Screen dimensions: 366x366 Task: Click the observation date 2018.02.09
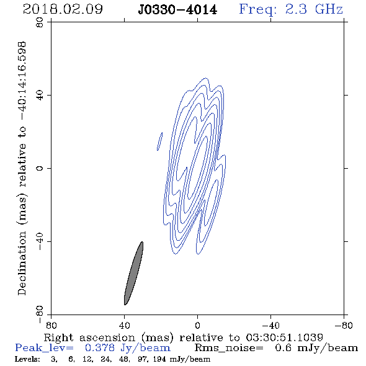(x=63, y=9)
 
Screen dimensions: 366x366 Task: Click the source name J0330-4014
(x=177, y=10)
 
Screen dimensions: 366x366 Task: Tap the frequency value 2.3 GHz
(x=314, y=9)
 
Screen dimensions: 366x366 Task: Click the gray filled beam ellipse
(x=133, y=273)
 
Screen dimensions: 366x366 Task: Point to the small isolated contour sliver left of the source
(x=160, y=141)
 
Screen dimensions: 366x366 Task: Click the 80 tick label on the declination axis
(x=40, y=22)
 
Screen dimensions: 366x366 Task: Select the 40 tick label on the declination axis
(x=40, y=96)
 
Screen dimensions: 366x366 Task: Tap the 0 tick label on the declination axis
(x=40, y=168)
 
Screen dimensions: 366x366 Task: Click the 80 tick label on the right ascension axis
(x=51, y=325)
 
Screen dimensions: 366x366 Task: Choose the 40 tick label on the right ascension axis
(x=124, y=325)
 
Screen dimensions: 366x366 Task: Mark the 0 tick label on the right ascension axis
(x=197, y=325)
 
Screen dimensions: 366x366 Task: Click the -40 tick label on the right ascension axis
(x=270, y=325)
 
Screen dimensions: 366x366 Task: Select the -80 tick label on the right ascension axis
(x=344, y=325)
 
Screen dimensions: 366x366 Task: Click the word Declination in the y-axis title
(x=22, y=264)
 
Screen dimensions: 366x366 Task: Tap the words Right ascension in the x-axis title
(x=89, y=337)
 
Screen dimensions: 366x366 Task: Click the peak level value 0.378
(x=100, y=348)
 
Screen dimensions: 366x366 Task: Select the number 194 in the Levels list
(x=159, y=359)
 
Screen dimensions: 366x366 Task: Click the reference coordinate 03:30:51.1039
(x=284, y=337)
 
